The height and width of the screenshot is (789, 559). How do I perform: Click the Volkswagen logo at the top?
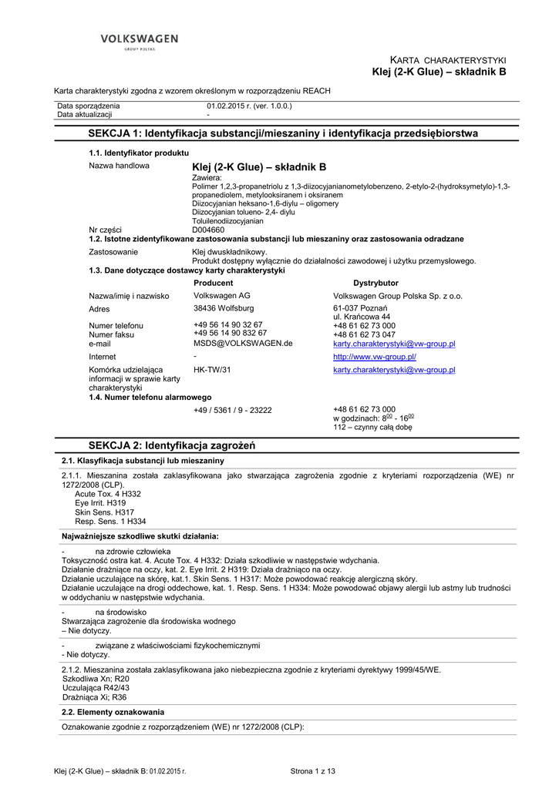tap(139, 41)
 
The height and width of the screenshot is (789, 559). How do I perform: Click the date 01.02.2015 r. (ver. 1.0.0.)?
tap(249, 106)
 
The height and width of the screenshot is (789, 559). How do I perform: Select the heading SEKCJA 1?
tap(283, 133)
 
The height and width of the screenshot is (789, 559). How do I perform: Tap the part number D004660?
tap(208, 230)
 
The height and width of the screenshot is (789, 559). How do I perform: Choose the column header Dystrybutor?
tap(375, 283)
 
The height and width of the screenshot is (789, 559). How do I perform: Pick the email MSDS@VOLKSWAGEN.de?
tap(243, 344)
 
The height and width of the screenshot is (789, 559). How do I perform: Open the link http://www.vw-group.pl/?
tap(375, 357)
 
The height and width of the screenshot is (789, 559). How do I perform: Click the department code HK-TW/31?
tap(212, 370)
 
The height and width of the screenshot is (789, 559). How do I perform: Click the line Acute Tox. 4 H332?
tap(108, 494)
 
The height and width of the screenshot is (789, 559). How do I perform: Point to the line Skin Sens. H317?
tap(104, 512)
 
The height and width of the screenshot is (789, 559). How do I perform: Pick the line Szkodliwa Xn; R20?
tap(96, 679)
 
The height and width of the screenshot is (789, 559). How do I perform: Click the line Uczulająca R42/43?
tap(96, 687)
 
